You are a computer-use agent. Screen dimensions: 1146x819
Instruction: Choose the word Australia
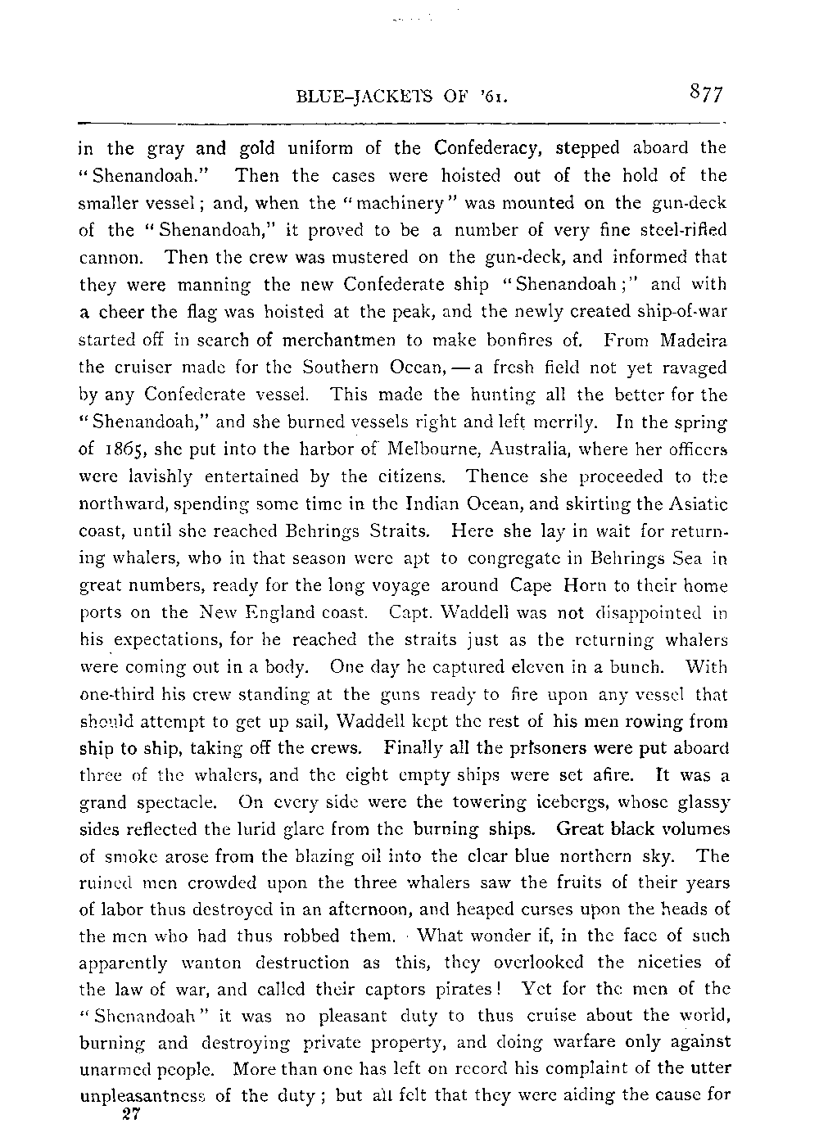[x=518, y=449]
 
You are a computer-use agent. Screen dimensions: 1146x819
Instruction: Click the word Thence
[x=494, y=476]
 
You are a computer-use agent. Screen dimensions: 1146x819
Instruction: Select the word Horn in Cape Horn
[x=582, y=584]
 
